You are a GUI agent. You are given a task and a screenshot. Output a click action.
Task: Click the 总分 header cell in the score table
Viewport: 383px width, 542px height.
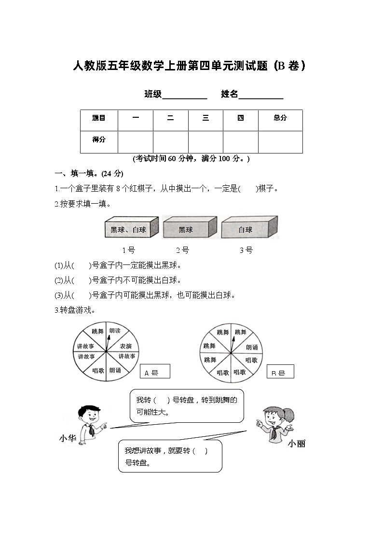tap(280, 118)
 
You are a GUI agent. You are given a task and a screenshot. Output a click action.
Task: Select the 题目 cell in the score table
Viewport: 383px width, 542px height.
tap(99, 118)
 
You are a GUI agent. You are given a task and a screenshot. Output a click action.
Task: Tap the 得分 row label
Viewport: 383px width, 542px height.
tap(99, 139)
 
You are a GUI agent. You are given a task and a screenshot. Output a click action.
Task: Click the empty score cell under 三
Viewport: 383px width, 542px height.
tap(205, 142)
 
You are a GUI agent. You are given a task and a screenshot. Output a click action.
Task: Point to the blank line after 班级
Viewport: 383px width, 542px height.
tap(185, 95)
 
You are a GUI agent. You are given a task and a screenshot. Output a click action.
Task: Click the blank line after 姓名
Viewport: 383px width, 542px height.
tap(261, 95)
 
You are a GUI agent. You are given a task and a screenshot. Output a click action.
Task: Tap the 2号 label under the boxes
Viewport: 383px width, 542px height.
tap(182, 250)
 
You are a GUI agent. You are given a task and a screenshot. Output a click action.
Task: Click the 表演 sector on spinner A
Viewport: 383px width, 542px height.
tap(126, 346)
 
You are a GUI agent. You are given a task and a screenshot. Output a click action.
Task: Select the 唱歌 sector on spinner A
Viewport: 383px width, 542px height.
tap(98, 371)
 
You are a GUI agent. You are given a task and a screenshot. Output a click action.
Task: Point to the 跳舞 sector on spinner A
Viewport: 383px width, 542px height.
tap(98, 332)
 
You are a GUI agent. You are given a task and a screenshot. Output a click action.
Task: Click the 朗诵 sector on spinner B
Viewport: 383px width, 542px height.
tap(251, 347)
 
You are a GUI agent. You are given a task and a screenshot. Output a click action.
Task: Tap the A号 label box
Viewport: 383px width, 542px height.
tap(156, 372)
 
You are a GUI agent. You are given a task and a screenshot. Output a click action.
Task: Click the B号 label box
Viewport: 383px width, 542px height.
tap(280, 372)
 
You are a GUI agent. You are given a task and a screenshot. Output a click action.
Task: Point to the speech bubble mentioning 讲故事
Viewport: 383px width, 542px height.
tap(170, 456)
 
